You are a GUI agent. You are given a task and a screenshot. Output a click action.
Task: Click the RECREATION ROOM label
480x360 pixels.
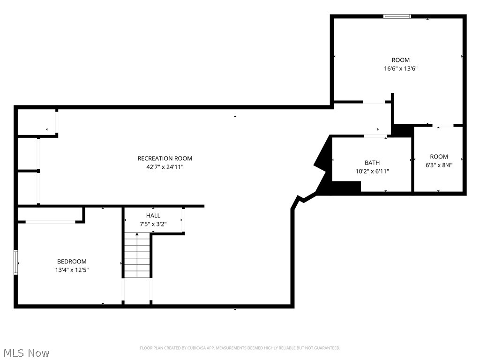click(165, 158)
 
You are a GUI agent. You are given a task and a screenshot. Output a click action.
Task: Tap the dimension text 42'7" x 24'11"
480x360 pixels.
click(165, 167)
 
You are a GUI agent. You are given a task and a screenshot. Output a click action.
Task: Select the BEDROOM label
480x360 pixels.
click(72, 262)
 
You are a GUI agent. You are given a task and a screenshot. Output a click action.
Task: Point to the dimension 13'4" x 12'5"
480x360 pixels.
click(72, 270)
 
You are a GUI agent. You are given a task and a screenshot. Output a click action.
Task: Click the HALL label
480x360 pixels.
click(153, 216)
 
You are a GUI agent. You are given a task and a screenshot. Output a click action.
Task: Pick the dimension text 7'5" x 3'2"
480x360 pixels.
click(153, 224)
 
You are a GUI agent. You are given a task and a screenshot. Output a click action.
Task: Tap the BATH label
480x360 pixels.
click(372, 163)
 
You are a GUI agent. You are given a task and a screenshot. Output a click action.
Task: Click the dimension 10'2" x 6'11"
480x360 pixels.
click(372, 171)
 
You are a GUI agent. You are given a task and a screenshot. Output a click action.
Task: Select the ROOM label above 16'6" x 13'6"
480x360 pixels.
click(400, 60)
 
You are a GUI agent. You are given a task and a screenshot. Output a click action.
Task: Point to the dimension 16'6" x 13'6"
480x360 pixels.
click(400, 68)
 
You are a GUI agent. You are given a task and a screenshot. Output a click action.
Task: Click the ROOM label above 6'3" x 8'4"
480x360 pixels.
click(439, 157)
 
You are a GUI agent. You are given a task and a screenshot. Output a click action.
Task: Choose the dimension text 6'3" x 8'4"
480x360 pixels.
click(439, 165)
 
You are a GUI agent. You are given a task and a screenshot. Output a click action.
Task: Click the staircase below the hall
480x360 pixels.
click(137, 255)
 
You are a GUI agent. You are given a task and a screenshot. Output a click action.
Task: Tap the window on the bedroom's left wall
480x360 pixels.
click(16, 262)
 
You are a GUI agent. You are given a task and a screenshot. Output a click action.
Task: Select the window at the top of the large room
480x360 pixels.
click(397, 16)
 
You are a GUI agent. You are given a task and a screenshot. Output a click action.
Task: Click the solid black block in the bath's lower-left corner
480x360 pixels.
click(346, 187)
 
